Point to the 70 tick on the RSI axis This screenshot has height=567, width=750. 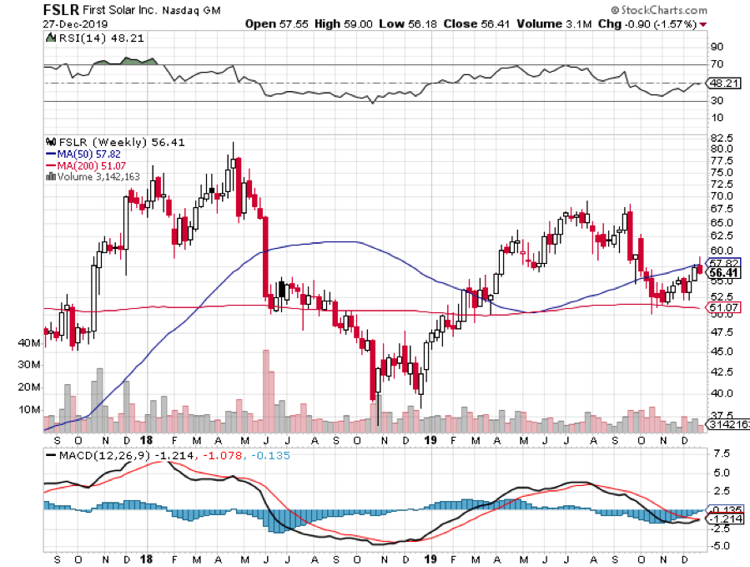click(716, 64)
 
